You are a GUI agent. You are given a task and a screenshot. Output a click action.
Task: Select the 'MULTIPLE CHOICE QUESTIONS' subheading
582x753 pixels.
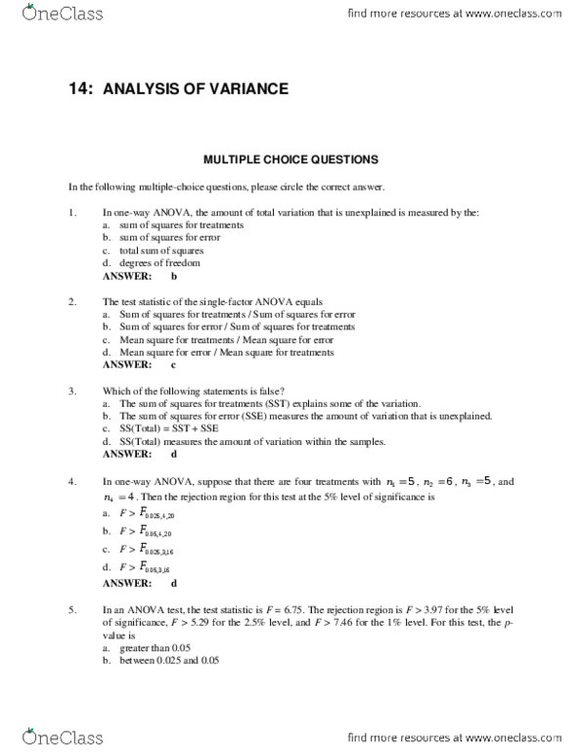point(290,158)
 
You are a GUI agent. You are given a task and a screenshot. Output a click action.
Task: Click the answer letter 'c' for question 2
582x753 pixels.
point(173,365)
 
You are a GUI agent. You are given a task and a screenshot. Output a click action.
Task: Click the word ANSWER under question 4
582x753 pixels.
point(126,583)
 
